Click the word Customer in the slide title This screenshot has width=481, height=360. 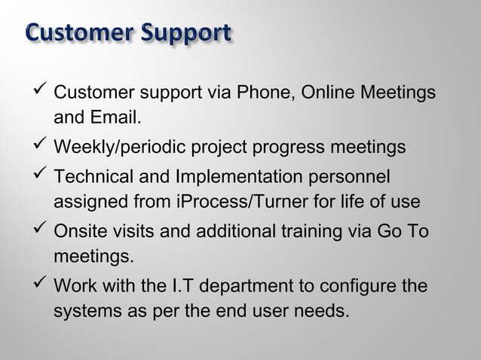(72, 34)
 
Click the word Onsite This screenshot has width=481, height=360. (79, 231)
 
